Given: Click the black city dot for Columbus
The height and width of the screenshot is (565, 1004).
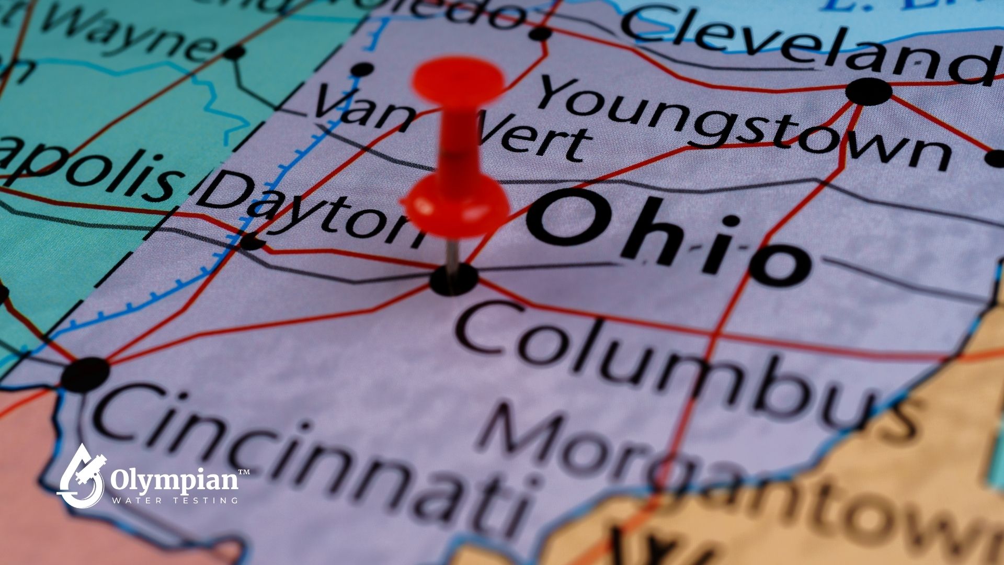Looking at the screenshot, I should [x=453, y=279].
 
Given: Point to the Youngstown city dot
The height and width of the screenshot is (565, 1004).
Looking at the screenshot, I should [x=868, y=92].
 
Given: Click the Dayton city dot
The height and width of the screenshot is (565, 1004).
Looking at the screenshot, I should [x=251, y=242].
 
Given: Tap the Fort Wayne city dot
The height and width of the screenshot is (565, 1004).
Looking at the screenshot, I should [x=235, y=52].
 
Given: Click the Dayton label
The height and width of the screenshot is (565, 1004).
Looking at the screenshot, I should [x=309, y=209].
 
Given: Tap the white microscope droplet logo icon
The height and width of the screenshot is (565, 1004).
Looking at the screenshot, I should [x=81, y=476].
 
